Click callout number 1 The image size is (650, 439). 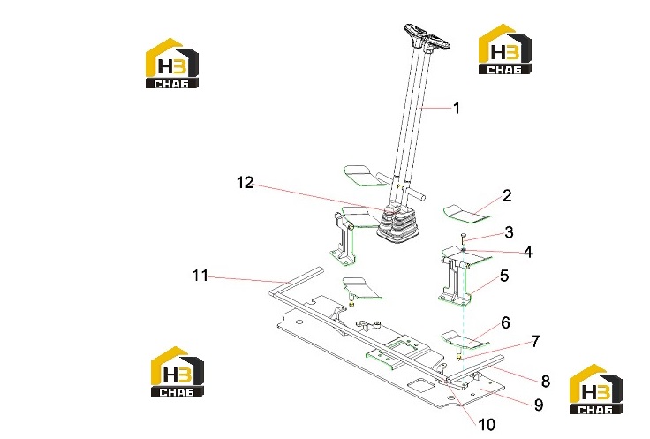(457, 108)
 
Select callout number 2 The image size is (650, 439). (507, 196)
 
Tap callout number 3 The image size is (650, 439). (509, 232)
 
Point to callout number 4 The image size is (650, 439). (528, 252)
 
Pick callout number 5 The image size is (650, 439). (504, 276)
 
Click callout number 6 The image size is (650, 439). (505, 322)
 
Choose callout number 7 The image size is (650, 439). (535, 341)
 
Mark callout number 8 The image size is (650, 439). (546, 382)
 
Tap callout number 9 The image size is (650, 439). (539, 405)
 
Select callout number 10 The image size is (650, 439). (487, 425)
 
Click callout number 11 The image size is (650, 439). (200, 276)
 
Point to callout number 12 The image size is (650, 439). (245, 182)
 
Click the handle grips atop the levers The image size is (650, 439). (427, 38)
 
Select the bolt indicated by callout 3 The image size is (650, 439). (464, 239)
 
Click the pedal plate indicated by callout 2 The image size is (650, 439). (467, 212)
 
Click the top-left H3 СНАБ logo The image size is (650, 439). (172, 64)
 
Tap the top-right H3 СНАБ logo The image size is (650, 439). (505, 49)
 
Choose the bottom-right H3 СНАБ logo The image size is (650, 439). (596, 390)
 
